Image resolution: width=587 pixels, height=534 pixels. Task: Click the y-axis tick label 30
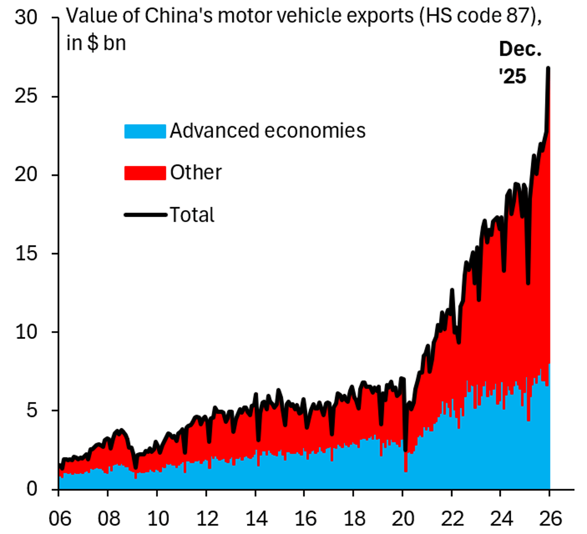coord(26,18)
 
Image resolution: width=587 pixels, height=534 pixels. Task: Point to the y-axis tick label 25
coord(26,96)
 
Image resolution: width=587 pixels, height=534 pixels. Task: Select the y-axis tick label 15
coord(26,253)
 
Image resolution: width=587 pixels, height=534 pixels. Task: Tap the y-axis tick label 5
coord(32,410)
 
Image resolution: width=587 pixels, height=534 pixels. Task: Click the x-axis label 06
coord(59,518)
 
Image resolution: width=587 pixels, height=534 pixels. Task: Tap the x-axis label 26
coord(550,518)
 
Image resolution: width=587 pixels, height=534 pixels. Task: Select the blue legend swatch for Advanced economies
coord(145,131)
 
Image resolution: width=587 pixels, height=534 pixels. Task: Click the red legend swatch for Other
coord(145,173)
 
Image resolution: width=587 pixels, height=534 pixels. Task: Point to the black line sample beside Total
coord(145,215)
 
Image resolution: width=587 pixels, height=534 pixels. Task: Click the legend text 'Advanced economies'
coord(268,131)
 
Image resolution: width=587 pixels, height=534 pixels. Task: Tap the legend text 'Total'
coord(192,215)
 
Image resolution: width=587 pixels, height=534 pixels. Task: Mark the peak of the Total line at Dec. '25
coord(548,68)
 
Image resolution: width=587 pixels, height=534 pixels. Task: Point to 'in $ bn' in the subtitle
coord(96,43)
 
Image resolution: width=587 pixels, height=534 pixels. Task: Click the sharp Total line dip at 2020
coord(406,450)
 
